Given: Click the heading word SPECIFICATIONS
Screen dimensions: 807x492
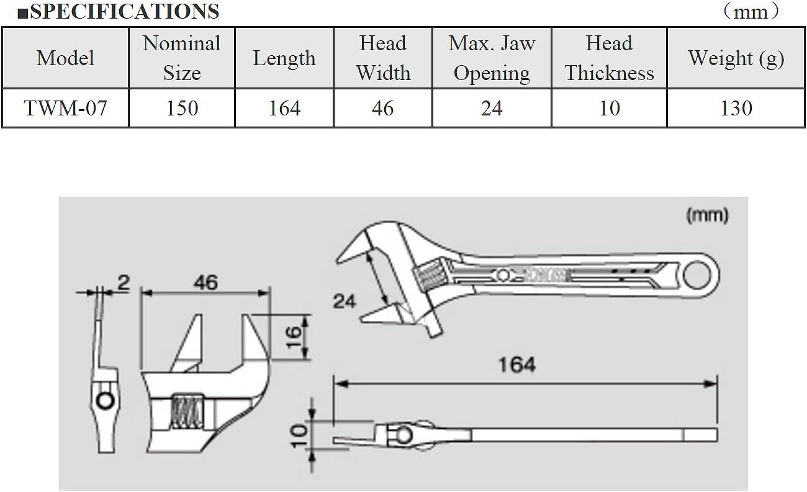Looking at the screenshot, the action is tap(124, 12).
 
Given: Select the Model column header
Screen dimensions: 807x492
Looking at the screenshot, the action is tap(65, 58).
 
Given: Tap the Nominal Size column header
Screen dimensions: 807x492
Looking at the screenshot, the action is tap(181, 58).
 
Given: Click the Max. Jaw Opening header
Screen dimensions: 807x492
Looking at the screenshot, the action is tap(492, 58).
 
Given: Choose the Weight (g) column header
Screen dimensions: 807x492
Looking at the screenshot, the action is tap(736, 58).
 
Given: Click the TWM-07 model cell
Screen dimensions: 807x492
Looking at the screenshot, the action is tap(65, 108).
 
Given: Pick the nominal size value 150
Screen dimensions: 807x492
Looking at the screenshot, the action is tap(182, 108).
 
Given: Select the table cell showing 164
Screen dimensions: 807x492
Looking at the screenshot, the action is tap(284, 108).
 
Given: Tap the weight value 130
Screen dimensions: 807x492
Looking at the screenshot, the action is tap(736, 108).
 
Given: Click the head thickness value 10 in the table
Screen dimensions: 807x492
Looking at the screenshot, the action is tap(609, 108).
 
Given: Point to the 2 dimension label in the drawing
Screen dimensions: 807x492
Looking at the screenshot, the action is tap(124, 283).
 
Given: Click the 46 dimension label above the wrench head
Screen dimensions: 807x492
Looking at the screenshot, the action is tap(205, 282).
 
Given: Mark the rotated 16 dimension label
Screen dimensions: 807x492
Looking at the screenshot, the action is tap(294, 337).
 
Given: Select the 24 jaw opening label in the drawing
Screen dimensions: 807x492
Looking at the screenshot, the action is tap(345, 301).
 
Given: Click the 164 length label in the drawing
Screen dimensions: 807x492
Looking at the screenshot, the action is tap(517, 364).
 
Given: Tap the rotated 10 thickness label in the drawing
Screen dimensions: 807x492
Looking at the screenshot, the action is tap(299, 436).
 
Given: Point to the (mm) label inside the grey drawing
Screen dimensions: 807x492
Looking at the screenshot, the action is tap(707, 215).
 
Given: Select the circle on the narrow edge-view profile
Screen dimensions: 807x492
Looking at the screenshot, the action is tap(106, 401).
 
